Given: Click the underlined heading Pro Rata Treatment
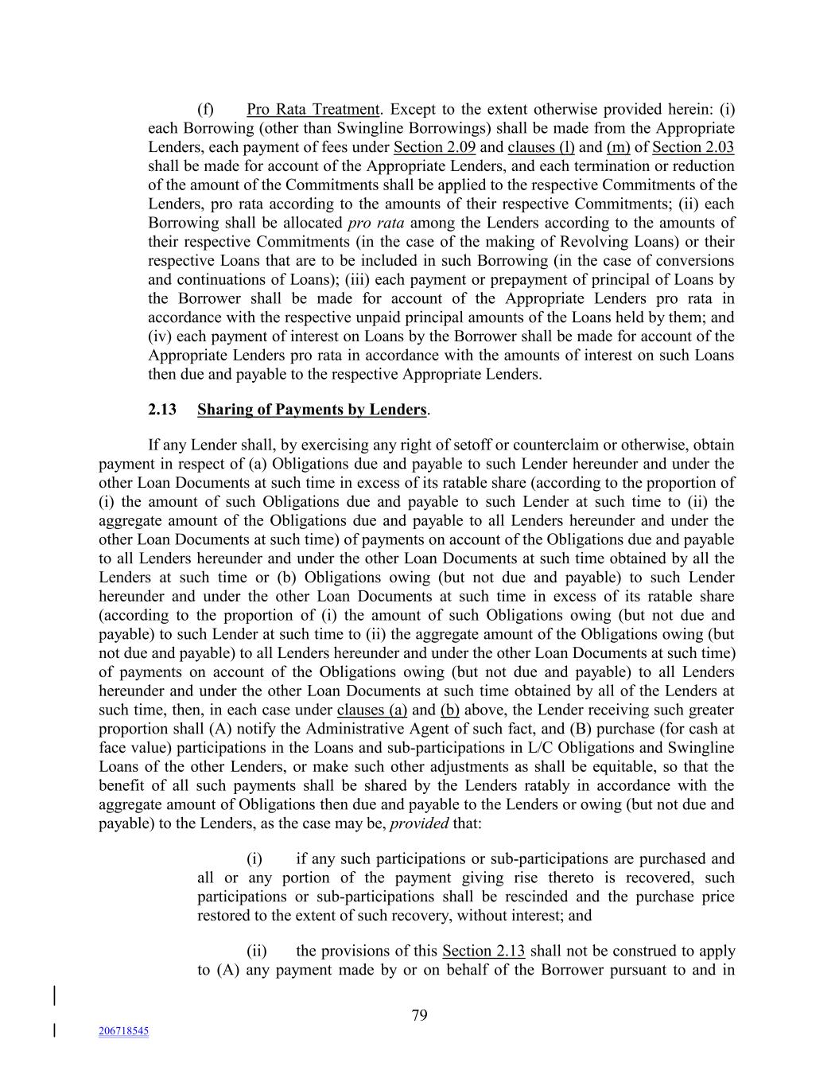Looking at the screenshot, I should point(313,110).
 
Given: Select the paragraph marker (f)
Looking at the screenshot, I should point(205,110).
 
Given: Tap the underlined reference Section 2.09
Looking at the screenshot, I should point(434,147).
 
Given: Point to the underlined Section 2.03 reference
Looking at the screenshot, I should point(693,147).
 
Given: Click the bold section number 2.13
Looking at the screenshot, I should point(162,410).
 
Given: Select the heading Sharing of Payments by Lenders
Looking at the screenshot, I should point(312,410).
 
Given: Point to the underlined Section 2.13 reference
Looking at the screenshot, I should point(484,952).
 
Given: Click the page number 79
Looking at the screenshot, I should point(420,1015).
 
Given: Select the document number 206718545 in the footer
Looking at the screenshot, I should point(124,1031).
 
